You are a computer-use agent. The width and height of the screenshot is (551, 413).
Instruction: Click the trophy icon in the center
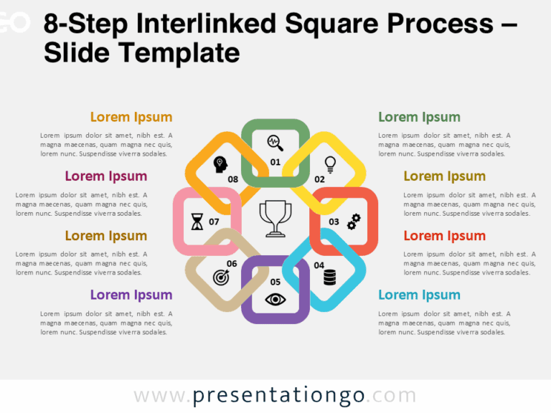click(x=275, y=218)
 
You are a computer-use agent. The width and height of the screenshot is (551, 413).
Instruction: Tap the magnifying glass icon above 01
click(x=275, y=143)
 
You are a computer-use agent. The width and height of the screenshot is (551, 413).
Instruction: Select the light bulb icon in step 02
click(x=330, y=164)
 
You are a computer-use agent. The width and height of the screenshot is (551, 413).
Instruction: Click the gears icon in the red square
click(x=354, y=222)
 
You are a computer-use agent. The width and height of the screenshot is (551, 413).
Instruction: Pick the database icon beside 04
click(x=329, y=276)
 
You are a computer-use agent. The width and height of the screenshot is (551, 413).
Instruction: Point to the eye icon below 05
click(x=275, y=299)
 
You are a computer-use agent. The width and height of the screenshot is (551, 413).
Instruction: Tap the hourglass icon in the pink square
click(x=197, y=222)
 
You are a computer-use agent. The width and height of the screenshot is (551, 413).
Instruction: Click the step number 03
click(x=334, y=222)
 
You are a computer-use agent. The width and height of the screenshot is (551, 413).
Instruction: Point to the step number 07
click(x=214, y=222)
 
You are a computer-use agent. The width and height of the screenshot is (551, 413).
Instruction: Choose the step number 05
click(x=275, y=282)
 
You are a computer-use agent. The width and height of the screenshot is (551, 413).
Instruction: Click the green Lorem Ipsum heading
click(x=419, y=117)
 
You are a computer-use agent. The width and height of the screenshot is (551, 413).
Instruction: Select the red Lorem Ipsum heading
click(x=444, y=236)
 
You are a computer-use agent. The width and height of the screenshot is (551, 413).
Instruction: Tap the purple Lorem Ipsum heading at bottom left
click(x=131, y=295)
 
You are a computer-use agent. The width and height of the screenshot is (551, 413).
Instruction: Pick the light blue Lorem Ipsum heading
click(x=419, y=295)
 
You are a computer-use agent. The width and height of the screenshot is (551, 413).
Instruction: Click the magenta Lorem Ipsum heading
click(x=106, y=176)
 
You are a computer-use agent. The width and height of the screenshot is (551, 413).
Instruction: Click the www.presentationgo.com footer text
click(x=275, y=396)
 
